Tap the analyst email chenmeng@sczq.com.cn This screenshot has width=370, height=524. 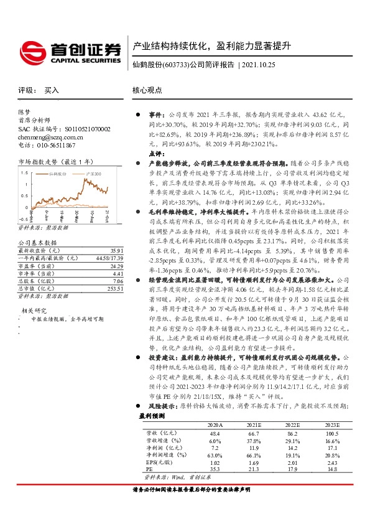click(x=50, y=137)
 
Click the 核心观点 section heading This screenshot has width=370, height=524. click(x=147, y=90)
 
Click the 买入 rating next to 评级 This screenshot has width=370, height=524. click(x=52, y=90)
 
